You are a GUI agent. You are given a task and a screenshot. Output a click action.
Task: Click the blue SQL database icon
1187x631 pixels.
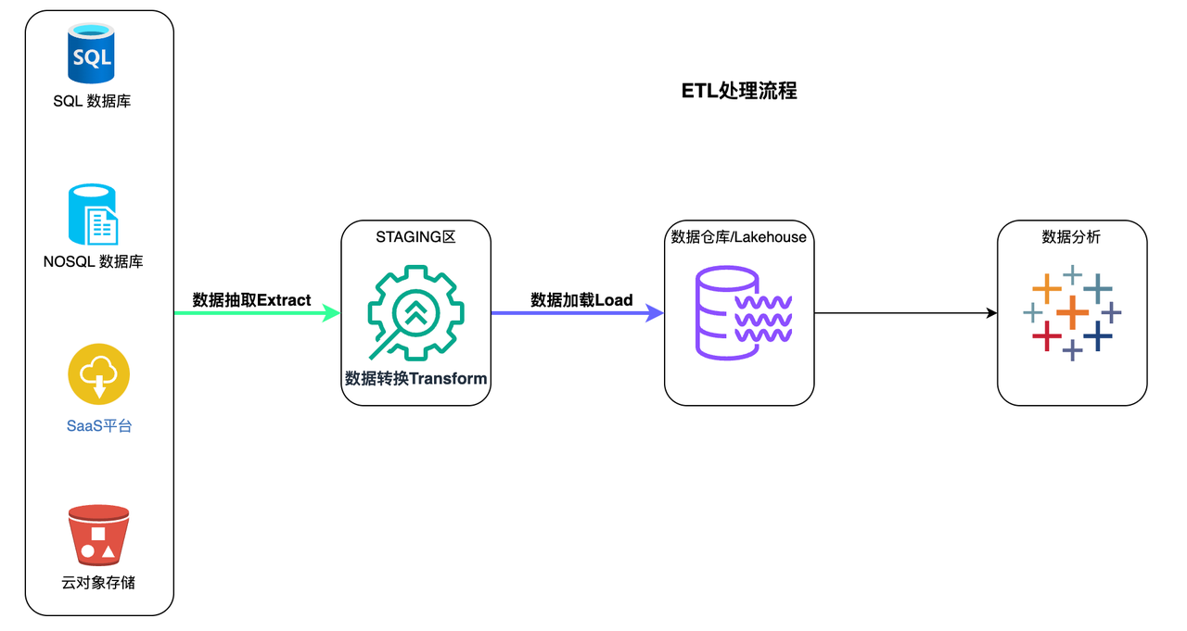pyautogui.click(x=91, y=55)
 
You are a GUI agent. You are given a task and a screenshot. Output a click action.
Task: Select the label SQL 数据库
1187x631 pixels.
pyautogui.click(x=92, y=101)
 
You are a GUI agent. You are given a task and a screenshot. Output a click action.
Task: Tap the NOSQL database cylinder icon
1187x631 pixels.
pyautogui.click(x=93, y=215)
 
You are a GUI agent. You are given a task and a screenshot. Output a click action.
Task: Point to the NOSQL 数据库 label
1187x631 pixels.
pyautogui.click(x=93, y=262)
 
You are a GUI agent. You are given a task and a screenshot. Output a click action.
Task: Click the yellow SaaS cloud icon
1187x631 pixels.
pyautogui.click(x=98, y=376)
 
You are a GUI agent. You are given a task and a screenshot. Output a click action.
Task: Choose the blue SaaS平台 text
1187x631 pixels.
pyautogui.click(x=98, y=427)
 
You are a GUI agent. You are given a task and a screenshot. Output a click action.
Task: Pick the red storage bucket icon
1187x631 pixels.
pyautogui.click(x=98, y=536)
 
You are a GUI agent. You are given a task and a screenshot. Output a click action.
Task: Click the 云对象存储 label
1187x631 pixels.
pyautogui.click(x=98, y=583)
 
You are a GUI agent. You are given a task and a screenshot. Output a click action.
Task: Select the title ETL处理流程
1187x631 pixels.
pyautogui.click(x=739, y=91)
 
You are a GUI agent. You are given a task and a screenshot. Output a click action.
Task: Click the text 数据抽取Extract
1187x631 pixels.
pyautogui.click(x=251, y=300)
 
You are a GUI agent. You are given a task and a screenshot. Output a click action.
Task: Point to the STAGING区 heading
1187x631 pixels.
pyautogui.click(x=415, y=238)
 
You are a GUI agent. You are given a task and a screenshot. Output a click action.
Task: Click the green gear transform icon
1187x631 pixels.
pyautogui.click(x=415, y=311)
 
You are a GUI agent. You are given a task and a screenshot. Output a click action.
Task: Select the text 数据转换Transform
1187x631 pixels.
pyautogui.click(x=415, y=378)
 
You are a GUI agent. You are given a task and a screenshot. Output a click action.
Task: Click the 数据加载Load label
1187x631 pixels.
pyautogui.click(x=581, y=300)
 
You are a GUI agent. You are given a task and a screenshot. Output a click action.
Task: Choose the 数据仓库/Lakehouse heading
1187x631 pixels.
pyautogui.click(x=738, y=238)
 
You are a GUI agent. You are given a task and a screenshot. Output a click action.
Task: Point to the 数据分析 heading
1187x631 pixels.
pyautogui.click(x=1071, y=238)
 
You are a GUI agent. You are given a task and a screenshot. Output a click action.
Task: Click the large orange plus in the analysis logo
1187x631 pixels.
pyautogui.click(x=1072, y=312)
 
